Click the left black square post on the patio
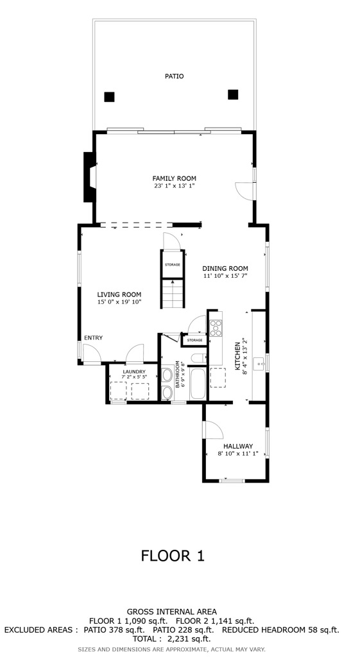109,97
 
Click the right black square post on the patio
232,94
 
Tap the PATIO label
174,76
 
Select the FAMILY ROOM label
174,178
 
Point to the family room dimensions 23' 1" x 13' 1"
174,186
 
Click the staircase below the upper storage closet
171,293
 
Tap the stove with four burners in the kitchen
216,328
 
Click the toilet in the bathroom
198,358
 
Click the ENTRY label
93,338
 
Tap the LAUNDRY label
134,371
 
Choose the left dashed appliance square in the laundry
118,390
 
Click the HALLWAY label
237,447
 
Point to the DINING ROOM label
225,269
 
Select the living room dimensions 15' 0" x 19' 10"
119,302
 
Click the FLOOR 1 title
173,556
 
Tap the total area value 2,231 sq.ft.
189,639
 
